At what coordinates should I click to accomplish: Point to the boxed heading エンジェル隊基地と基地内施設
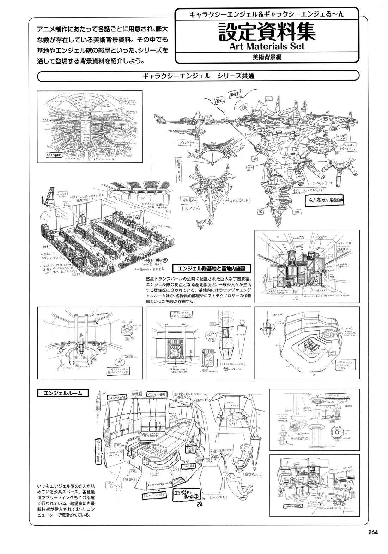coord(212,269)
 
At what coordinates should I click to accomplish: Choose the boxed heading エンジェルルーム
coord(63,393)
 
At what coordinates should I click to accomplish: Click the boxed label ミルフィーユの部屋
coord(156,495)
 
